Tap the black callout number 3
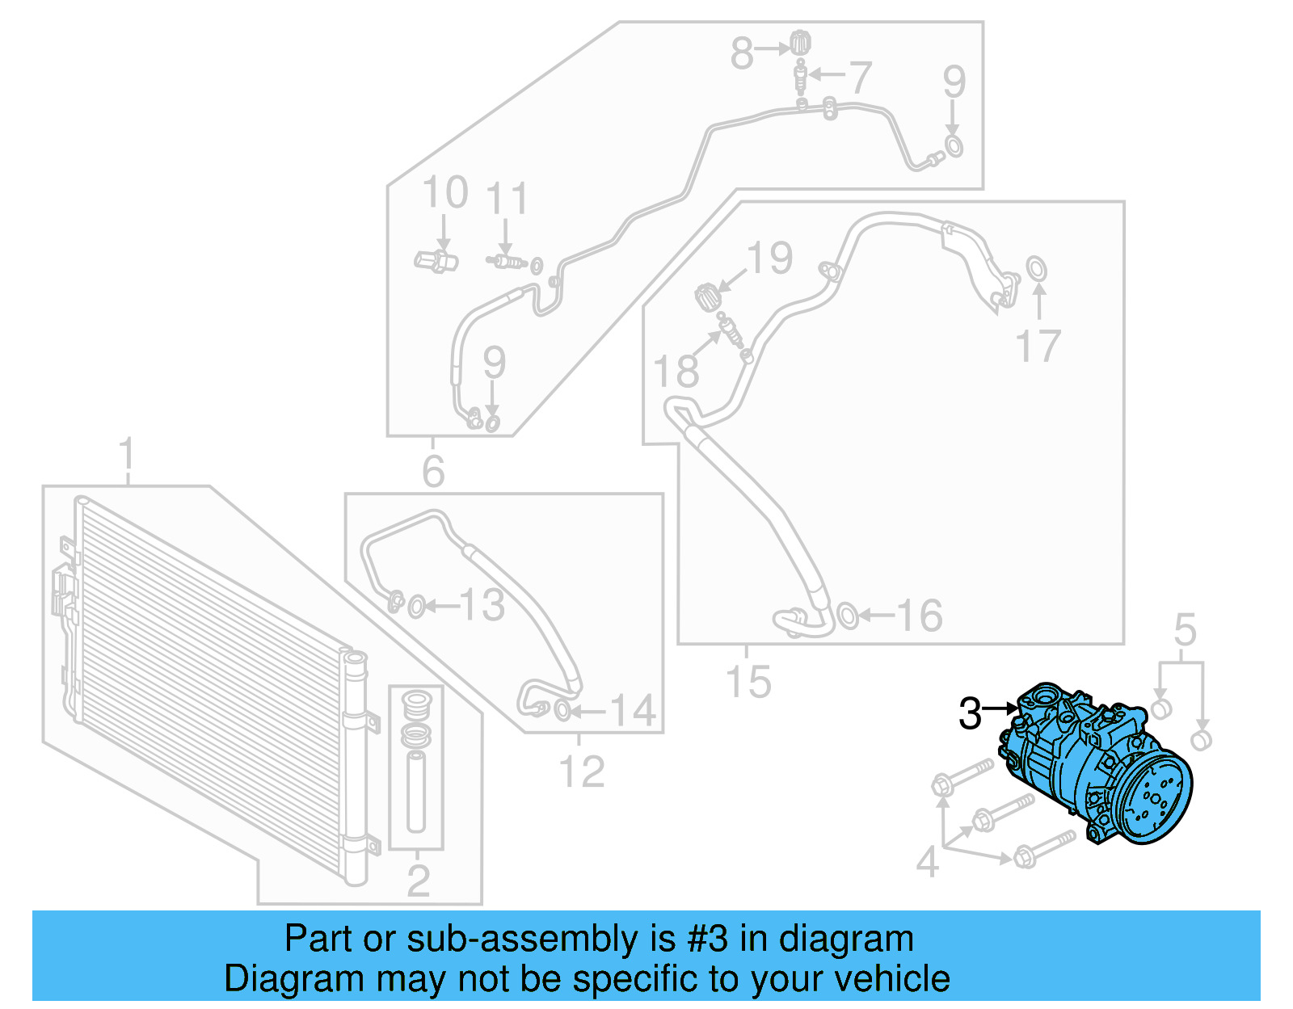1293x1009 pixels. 970,714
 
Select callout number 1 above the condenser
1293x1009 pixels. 127,456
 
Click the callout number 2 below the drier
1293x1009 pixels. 418,880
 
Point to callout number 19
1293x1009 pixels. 769,259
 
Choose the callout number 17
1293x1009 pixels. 1038,347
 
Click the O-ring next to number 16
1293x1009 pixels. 847,616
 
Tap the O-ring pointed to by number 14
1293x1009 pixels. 562,711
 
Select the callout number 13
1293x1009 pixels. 482,605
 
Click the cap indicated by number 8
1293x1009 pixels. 800,42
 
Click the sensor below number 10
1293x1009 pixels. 436,261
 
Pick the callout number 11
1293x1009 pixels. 507,199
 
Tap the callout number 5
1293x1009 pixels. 1185,629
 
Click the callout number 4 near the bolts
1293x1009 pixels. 928,863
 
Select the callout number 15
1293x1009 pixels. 748,681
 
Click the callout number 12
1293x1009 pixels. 581,771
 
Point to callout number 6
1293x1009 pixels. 433,471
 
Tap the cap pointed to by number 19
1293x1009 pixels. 707,296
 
